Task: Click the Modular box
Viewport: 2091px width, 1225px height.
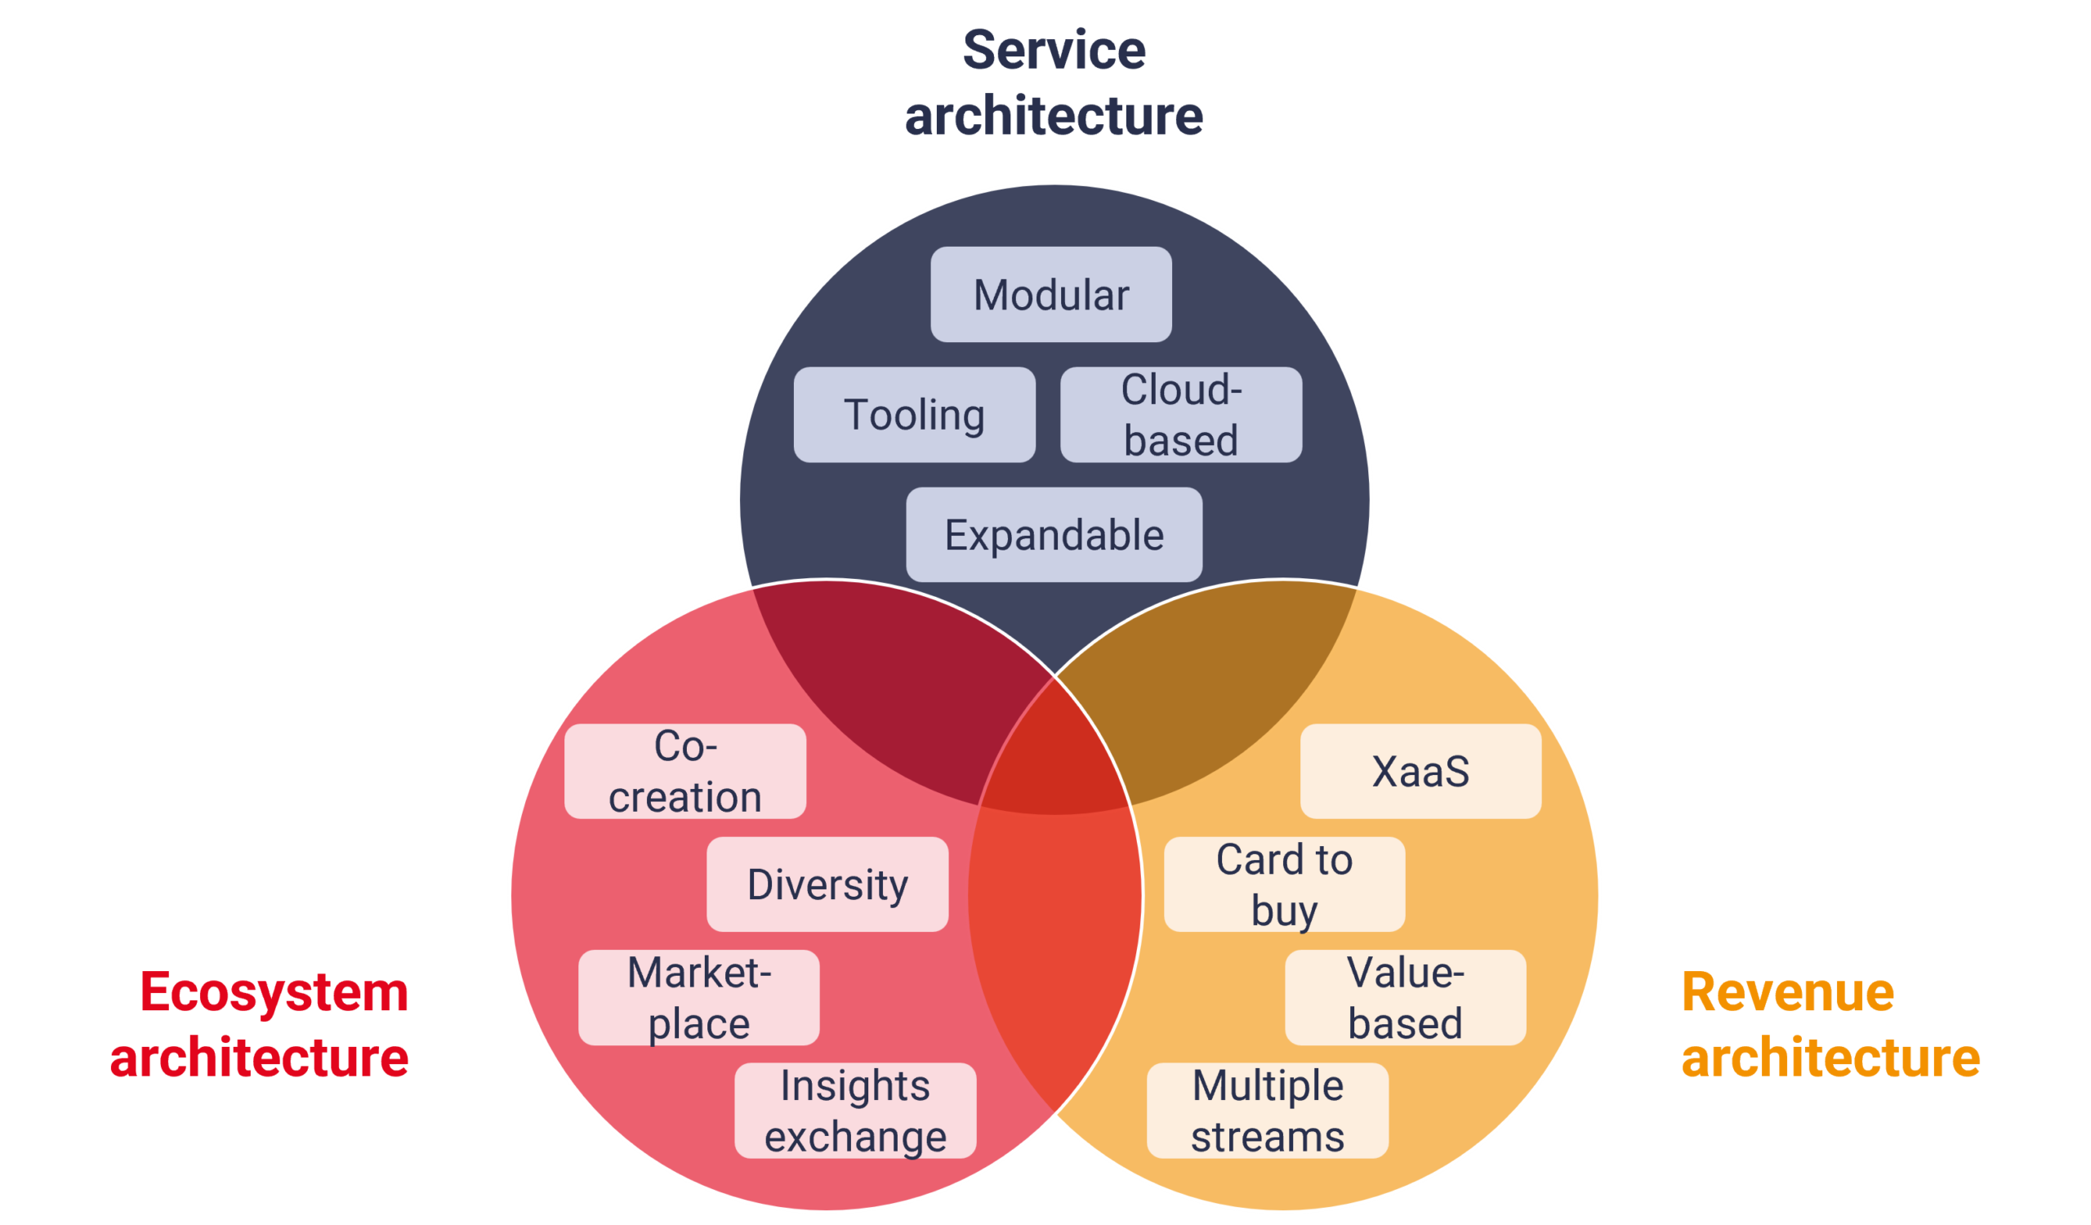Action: tap(1050, 295)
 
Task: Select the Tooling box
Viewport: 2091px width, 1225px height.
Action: tap(914, 415)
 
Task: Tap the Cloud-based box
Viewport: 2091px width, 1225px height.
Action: tap(1181, 415)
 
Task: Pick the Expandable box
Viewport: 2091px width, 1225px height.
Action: tap(1054, 535)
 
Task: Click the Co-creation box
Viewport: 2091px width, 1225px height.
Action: tap(685, 771)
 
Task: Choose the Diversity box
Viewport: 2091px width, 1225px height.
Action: tap(827, 884)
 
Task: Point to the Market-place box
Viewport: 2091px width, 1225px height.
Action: tap(698, 998)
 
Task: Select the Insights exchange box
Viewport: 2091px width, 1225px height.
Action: tap(855, 1111)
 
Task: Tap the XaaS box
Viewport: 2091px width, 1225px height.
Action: tap(1420, 771)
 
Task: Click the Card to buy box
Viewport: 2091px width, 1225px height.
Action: tap(1285, 884)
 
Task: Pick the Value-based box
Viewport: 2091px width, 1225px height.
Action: tap(1406, 998)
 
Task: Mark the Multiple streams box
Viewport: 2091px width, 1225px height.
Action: tap(1267, 1111)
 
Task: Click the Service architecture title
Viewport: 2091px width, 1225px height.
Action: tap(1054, 82)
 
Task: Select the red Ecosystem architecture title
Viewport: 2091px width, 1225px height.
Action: tap(259, 1024)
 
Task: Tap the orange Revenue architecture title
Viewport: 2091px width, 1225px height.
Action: tap(1830, 1024)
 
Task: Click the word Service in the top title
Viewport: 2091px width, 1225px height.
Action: tap(1054, 50)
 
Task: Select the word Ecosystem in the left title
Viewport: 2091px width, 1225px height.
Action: tap(274, 992)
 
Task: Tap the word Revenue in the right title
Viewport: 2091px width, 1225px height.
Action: tap(1788, 992)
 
